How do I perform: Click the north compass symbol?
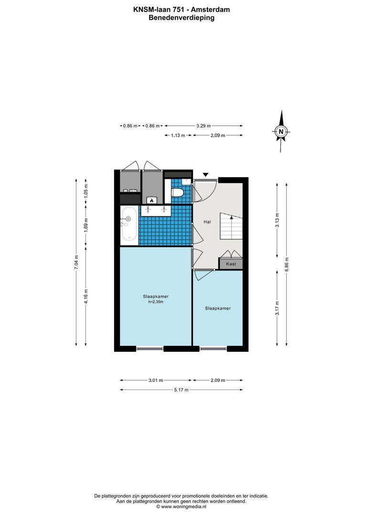point(281,131)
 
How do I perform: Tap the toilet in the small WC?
point(178,192)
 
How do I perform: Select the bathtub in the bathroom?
point(129,224)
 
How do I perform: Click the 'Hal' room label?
point(207,222)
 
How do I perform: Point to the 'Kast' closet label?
point(231,264)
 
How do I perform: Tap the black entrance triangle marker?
point(206,175)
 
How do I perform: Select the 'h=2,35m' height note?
point(156,302)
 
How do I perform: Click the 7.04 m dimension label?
point(75,263)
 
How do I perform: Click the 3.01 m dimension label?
point(156,380)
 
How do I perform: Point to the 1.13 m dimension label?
point(178,135)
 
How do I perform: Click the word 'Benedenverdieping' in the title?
point(182,18)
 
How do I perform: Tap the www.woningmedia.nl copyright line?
point(182,506)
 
